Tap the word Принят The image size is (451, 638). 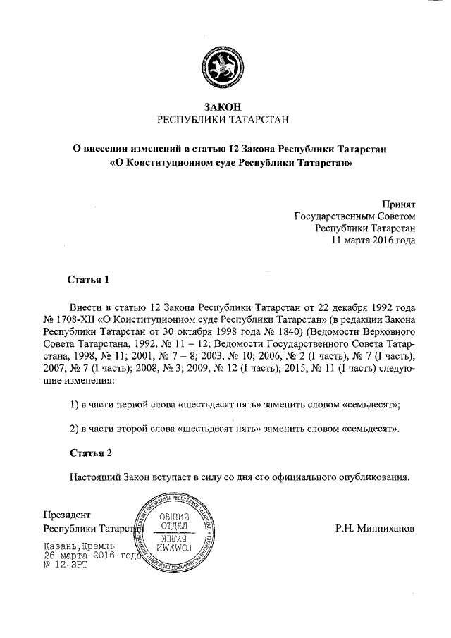[398, 203]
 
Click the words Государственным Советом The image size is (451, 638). [354, 216]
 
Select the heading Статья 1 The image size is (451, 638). [89, 280]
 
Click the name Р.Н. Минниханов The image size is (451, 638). [376, 528]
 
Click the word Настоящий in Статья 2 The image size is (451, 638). [97, 477]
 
